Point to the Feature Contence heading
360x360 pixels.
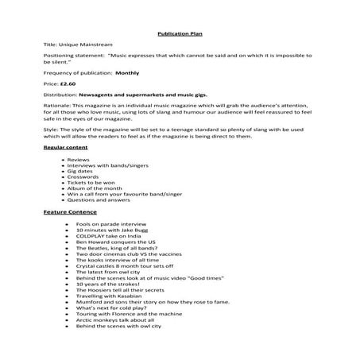70,212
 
